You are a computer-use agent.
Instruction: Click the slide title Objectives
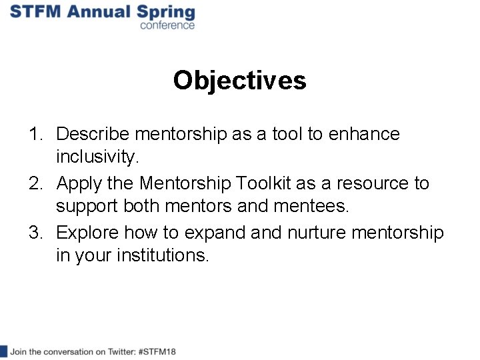[239, 81]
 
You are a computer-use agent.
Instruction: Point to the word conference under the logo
[167, 25]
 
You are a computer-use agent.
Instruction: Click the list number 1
[35, 134]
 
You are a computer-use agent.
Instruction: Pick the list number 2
[35, 183]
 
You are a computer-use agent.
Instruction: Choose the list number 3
[35, 233]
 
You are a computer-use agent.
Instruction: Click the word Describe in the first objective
[93, 134]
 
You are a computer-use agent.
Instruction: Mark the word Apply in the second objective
[79, 183]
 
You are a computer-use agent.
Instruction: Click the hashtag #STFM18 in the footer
[157, 351]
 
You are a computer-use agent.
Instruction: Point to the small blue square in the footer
[3, 351]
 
